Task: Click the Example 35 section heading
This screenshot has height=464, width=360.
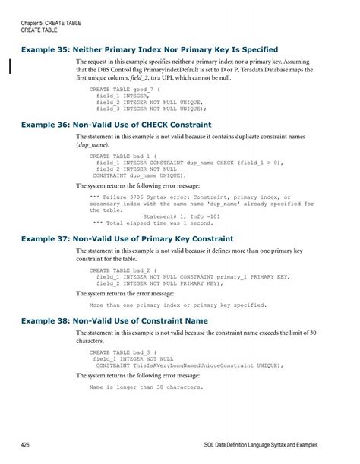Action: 150,49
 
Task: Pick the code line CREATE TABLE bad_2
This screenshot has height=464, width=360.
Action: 121,269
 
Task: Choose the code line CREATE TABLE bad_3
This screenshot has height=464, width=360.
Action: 121,353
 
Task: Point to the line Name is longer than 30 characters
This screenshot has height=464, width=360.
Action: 146,387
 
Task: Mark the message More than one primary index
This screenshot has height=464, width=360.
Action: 178,305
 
